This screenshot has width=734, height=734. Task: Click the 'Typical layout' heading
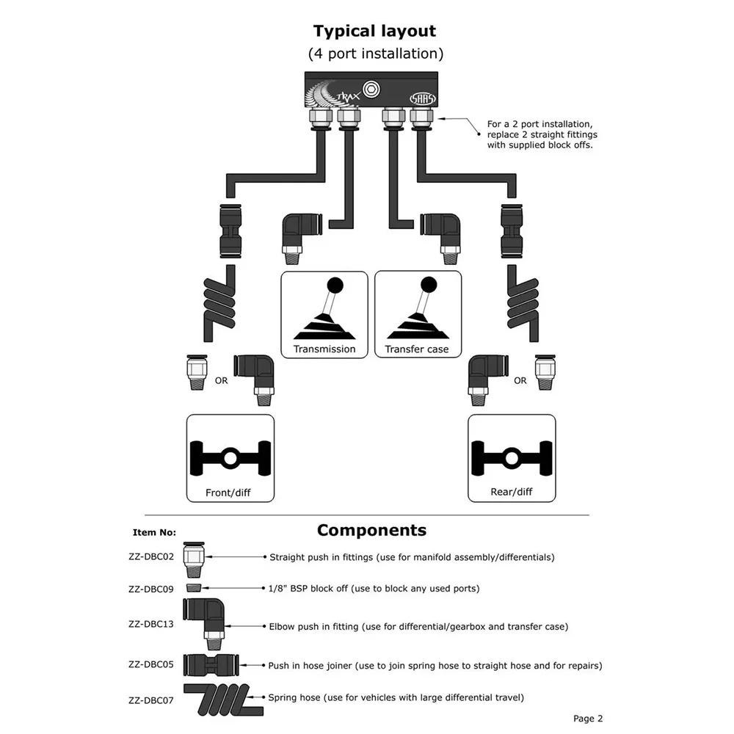point(374,32)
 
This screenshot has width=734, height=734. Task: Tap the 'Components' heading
point(371,531)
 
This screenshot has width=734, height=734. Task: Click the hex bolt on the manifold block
point(371,90)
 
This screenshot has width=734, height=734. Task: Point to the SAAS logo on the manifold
point(423,98)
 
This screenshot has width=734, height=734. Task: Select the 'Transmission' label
point(324,349)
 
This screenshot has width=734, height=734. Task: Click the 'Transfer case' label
point(417,349)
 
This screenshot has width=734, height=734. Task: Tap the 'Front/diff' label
point(228,493)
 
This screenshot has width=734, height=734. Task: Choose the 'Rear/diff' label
point(511,492)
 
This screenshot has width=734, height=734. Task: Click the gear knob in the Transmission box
point(335,285)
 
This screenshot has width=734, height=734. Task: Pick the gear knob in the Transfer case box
point(429,285)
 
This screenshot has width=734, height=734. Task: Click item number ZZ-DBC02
point(151,556)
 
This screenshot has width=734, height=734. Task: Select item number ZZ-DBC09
point(151,589)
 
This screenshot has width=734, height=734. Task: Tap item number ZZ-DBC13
point(151,624)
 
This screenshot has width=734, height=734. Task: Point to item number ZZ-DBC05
point(151,664)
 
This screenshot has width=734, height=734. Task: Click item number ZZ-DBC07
point(151,701)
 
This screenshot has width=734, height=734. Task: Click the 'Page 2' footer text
point(588,719)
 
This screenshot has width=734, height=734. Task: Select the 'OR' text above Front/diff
point(222,380)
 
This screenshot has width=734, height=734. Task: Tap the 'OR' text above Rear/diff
point(520,380)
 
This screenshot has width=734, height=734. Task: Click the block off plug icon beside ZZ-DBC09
point(193,588)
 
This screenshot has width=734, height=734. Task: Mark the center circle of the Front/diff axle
point(230,458)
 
